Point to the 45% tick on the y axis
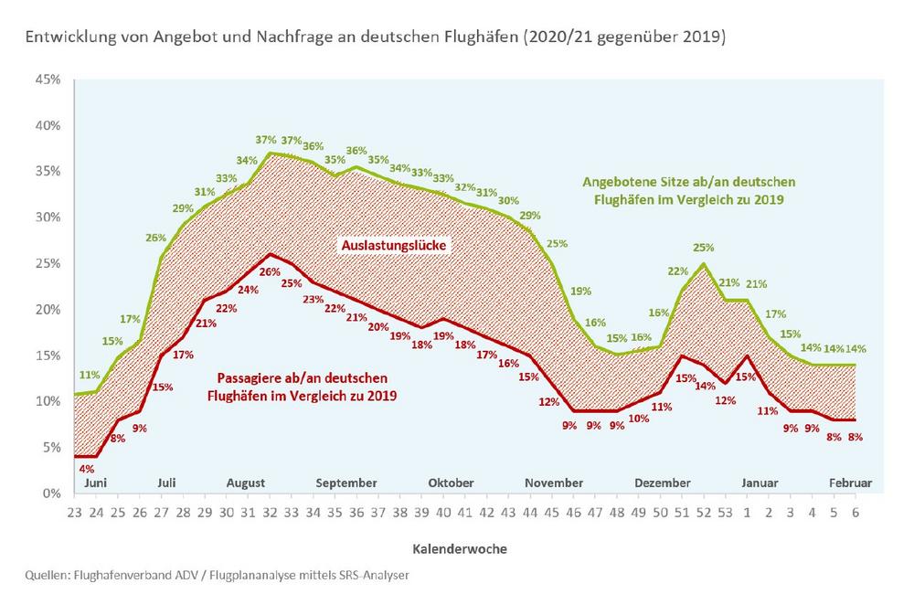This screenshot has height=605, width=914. [x=48, y=80]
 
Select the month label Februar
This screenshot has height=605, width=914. [x=850, y=483]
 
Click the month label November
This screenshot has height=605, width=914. [x=554, y=483]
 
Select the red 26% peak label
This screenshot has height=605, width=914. [x=271, y=271]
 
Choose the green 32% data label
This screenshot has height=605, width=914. [x=464, y=187]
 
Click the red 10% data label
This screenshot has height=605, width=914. [x=639, y=419]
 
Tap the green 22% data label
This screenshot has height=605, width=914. [x=678, y=271]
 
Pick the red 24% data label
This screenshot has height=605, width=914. [x=248, y=291]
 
